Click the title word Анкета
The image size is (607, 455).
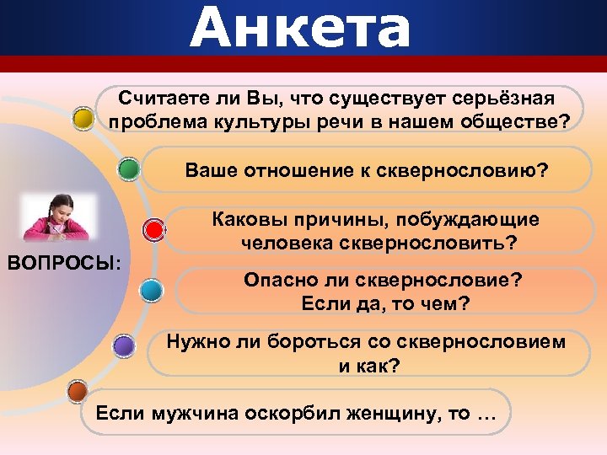coord(300,28)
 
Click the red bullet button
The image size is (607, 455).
coord(153,229)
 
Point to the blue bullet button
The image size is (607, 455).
coord(153,290)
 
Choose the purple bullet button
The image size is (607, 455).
coord(123,345)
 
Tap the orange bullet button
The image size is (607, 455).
coord(77,392)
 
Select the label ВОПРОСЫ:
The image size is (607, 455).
coord(64,263)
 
